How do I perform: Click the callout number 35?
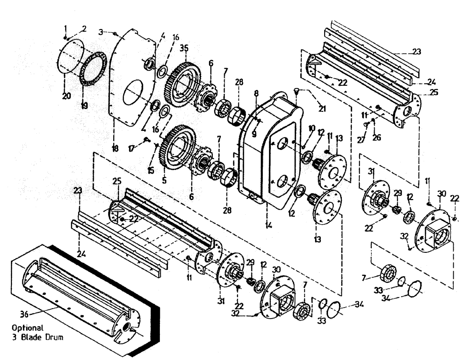(x=184, y=48)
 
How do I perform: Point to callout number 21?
(x=323, y=109)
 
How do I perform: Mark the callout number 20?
(x=66, y=96)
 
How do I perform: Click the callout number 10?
(x=312, y=128)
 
